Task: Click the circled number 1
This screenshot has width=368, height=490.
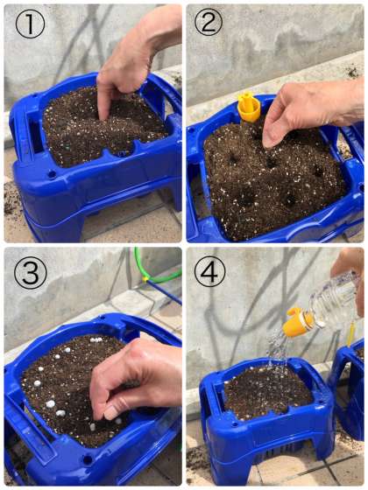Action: (x=30, y=24)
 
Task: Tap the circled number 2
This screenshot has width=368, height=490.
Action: (x=209, y=22)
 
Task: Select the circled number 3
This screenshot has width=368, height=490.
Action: (x=31, y=272)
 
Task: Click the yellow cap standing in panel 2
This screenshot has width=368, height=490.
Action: (x=249, y=106)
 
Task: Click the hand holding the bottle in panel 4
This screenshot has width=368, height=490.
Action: (x=350, y=275)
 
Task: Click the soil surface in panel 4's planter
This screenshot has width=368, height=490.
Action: (x=266, y=391)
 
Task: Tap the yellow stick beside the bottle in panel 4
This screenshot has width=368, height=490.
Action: (x=351, y=334)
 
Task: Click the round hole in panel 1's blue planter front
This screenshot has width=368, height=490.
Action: (x=52, y=173)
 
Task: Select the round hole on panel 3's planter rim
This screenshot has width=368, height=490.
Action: (x=88, y=459)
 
